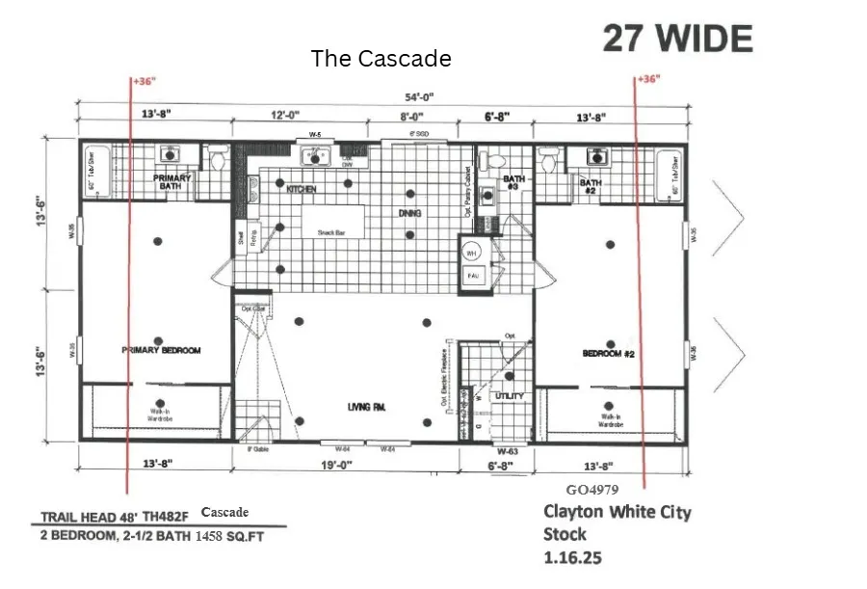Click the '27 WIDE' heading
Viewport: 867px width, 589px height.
[677, 39]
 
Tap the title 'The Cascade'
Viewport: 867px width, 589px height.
[381, 59]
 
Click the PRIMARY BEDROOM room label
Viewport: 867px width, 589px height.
[161, 351]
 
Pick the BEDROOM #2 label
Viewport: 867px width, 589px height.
[609, 354]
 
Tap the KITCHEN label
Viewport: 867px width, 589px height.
[301, 190]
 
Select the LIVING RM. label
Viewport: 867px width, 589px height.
[366, 408]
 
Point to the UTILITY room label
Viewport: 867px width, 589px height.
[509, 396]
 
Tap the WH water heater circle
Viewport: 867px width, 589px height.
[472, 254]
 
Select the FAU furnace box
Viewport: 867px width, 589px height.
[473, 276]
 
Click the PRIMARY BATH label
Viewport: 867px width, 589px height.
[172, 182]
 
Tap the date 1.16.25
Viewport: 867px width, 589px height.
[572, 557]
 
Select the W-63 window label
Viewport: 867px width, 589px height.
[508, 451]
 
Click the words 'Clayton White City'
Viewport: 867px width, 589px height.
[617, 512]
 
